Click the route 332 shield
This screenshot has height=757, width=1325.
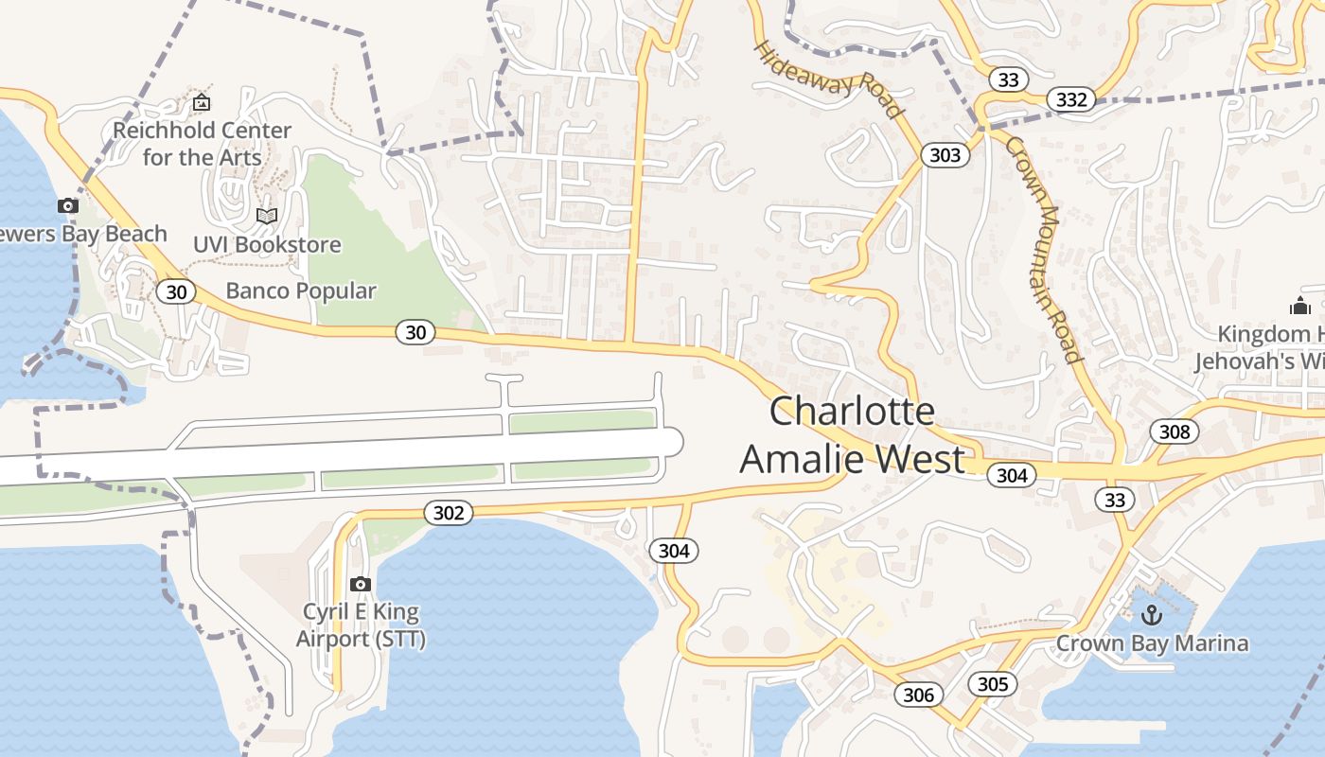pos(1071,99)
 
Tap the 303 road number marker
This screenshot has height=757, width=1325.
pos(945,155)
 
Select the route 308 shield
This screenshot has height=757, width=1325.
pos(1174,432)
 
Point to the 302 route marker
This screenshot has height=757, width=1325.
pos(448,513)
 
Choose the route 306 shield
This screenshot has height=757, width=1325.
pos(918,695)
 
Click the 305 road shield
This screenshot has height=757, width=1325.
pos(992,684)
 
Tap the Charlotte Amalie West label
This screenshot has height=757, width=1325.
pos(852,435)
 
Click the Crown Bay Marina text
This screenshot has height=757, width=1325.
pos(1152,644)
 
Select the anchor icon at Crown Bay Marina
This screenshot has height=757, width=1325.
pos(1152,616)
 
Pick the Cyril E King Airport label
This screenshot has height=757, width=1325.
pos(361,625)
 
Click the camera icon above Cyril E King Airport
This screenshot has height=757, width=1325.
pos(360,584)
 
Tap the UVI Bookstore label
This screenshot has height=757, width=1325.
pos(267,244)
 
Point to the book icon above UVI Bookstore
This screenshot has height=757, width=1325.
pos(267,217)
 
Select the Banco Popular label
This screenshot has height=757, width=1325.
pos(301,290)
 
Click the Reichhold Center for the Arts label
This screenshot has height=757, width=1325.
pos(202,143)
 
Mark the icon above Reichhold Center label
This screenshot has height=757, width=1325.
pos(201,102)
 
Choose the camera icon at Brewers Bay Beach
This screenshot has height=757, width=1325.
pos(67,205)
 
